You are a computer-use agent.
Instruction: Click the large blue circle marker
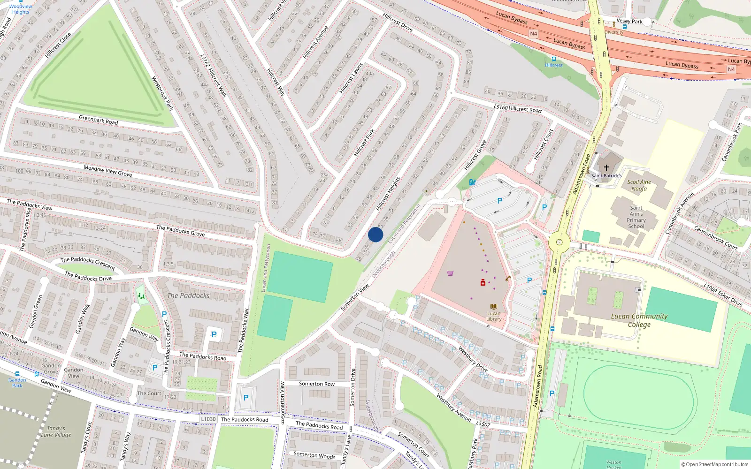pos(375,235)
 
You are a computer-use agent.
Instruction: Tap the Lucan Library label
pos(494,316)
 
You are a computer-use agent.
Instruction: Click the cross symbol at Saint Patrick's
pos(606,167)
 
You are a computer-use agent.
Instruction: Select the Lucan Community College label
pos(639,320)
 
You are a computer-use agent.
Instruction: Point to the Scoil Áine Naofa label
pos(639,185)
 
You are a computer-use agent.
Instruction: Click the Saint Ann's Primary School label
pos(636,217)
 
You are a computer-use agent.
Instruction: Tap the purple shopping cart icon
pos(451,273)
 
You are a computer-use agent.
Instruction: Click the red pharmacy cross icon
pos(483,282)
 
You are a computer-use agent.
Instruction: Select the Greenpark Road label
pos(98,120)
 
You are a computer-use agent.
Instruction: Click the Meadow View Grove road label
pos(107,171)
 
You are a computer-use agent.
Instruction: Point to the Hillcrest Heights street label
pos(389,193)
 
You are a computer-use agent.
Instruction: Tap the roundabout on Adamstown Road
pos(559,242)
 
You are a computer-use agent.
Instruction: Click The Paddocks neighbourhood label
pos(188,295)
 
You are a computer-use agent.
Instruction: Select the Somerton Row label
pos(317,384)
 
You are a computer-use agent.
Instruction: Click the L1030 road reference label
pos(208,419)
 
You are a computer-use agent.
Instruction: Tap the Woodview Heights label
pos(21,9)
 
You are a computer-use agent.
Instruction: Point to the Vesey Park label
pos(629,21)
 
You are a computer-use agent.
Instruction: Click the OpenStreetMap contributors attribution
pos(714,464)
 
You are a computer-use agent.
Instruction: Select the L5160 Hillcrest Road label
pos(518,108)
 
